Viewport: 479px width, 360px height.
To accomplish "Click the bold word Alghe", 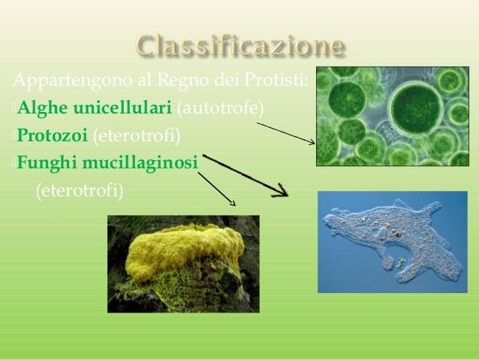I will [x=42, y=109].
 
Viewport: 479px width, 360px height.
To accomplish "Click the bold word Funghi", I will [x=48, y=162].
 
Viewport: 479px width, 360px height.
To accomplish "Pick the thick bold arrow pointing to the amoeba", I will [x=248, y=177].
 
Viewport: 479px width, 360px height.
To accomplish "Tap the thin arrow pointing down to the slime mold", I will [x=218, y=189].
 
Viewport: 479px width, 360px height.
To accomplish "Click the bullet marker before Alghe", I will [x=14, y=110].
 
